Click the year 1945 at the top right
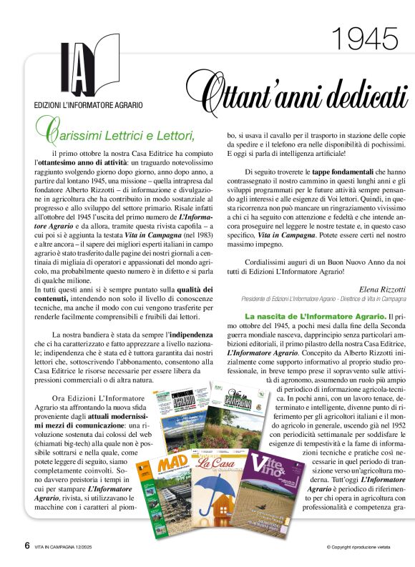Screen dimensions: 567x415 tap(366, 39)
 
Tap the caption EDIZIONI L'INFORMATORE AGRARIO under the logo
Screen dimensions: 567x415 tap(88, 105)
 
